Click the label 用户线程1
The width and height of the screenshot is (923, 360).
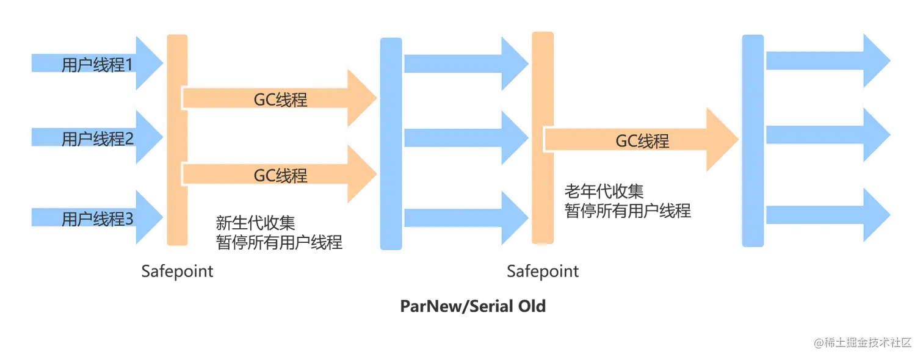(x=97, y=64)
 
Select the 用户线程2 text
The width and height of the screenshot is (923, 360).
(x=97, y=139)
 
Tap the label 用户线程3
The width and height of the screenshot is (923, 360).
(x=97, y=218)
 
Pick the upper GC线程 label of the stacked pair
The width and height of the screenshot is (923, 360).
(x=280, y=99)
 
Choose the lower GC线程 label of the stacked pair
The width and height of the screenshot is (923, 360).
(x=280, y=176)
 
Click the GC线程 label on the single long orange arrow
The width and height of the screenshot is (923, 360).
(x=642, y=141)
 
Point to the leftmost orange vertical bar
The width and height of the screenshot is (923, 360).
(x=178, y=140)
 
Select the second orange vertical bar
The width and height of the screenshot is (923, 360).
(x=542, y=137)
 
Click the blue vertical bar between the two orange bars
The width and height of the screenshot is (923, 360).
(x=391, y=143)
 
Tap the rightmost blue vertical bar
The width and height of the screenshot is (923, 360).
(x=753, y=142)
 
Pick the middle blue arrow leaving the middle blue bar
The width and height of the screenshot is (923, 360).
(x=464, y=137)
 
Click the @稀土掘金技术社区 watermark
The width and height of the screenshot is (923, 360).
(x=861, y=342)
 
